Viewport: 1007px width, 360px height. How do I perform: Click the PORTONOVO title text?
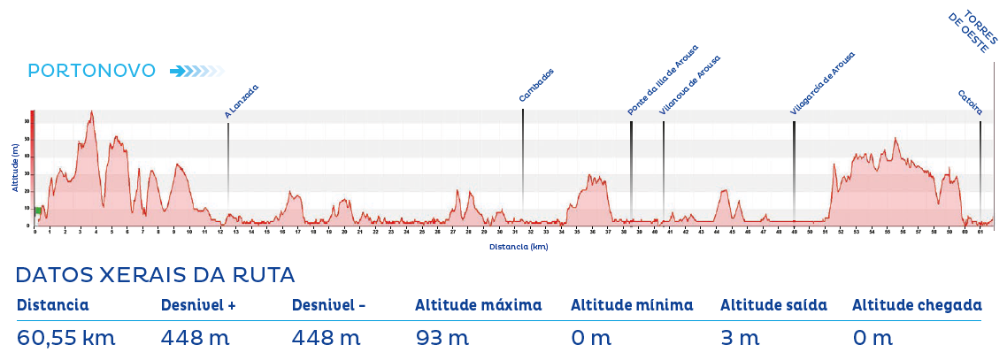click(92, 71)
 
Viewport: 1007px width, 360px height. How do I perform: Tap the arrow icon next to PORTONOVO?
click(196, 71)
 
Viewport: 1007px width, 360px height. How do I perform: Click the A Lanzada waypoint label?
click(242, 101)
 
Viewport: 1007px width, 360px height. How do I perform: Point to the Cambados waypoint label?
click(536, 86)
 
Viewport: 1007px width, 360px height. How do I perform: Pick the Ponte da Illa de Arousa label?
click(663, 80)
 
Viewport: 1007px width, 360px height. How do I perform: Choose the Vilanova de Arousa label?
click(690, 86)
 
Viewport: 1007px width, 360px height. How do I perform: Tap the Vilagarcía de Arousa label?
click(823, 83)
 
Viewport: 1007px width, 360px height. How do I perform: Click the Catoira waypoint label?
click(970, 103)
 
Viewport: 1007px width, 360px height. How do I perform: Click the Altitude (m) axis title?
click(15, 168)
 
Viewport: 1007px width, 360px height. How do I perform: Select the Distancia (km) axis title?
click(519, 247)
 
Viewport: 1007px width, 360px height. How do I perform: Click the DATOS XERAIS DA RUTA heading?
click(155, 275)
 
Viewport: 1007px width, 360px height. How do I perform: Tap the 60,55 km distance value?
click(66, 337)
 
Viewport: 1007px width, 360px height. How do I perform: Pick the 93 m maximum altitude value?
click(442, 337)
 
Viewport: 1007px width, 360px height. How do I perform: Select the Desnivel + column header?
click(198, 305)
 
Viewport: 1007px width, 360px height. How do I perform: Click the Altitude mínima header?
click(632, 305)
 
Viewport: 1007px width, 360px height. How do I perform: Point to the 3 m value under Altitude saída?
click(740, 337)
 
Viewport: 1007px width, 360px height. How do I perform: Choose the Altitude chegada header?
click(917, 305)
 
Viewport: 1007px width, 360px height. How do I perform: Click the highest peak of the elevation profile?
click(91, 112)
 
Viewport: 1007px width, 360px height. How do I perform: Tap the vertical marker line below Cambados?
click(523, 159)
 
